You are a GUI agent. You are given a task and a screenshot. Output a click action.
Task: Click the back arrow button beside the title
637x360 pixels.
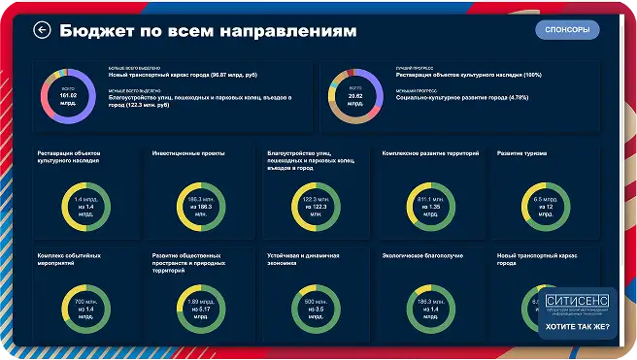42,30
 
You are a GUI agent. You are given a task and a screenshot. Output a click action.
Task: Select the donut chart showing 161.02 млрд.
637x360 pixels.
67,97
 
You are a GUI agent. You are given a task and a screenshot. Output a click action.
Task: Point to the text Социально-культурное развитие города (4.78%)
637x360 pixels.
461,97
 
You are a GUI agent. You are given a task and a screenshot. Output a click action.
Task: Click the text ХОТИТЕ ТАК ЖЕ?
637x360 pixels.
577,328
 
